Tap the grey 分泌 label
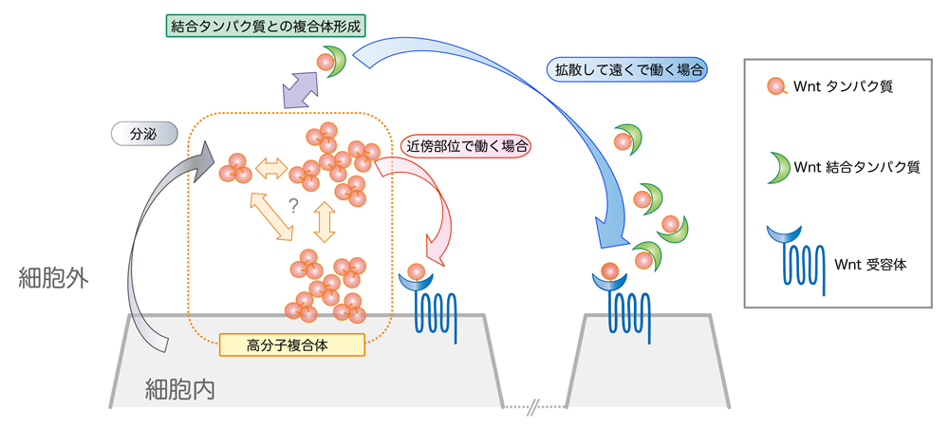(143, 134)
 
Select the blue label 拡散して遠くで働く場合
(628, 69)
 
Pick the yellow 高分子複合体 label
(291, 344)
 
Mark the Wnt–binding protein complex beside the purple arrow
(331, 62)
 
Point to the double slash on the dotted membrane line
(534, 407)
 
